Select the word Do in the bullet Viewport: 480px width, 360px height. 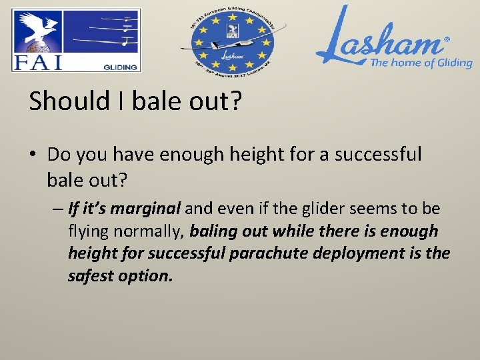click(x=59, y=155)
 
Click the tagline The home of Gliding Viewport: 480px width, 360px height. click(x=421, y=63)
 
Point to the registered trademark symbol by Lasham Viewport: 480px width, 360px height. click(x=447, y=40)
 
